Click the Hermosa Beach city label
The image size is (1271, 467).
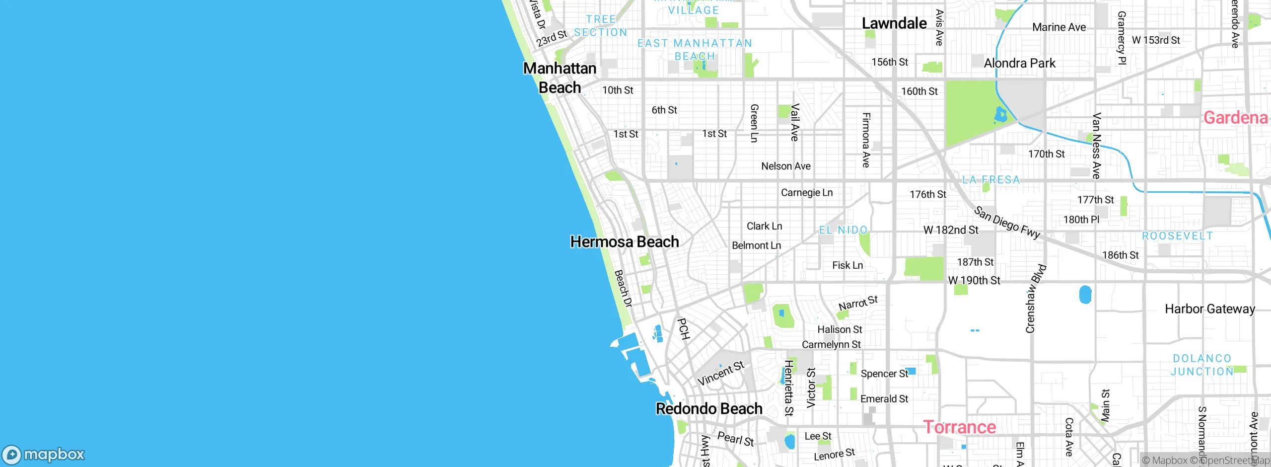point(624,242)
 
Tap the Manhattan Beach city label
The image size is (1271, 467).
point(560,78)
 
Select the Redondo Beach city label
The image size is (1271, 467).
point(708,408)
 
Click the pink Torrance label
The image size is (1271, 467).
point(959,427)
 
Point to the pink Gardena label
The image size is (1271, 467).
point(1235,118)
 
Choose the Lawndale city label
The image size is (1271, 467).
point(894,23)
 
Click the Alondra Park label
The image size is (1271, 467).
point(1019,63)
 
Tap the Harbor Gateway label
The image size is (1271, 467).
point(1209,309)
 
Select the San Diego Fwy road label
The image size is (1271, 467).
point(1007,223)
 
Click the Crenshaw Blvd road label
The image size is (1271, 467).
point(1036,299)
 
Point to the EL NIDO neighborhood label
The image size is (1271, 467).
point(843,230)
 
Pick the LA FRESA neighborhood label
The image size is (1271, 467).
point(991,180)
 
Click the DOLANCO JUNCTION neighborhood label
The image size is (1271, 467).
point(1202,365)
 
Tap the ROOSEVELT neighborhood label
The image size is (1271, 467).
point(1177,235)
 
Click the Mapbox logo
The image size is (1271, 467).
point(44,454)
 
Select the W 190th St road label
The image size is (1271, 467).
point(974,280)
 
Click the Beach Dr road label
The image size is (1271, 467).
point(623,288)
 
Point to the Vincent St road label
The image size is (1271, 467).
point(720,373)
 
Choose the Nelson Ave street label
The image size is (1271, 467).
point(785,166)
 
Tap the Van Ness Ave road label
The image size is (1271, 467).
point(1096,146)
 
